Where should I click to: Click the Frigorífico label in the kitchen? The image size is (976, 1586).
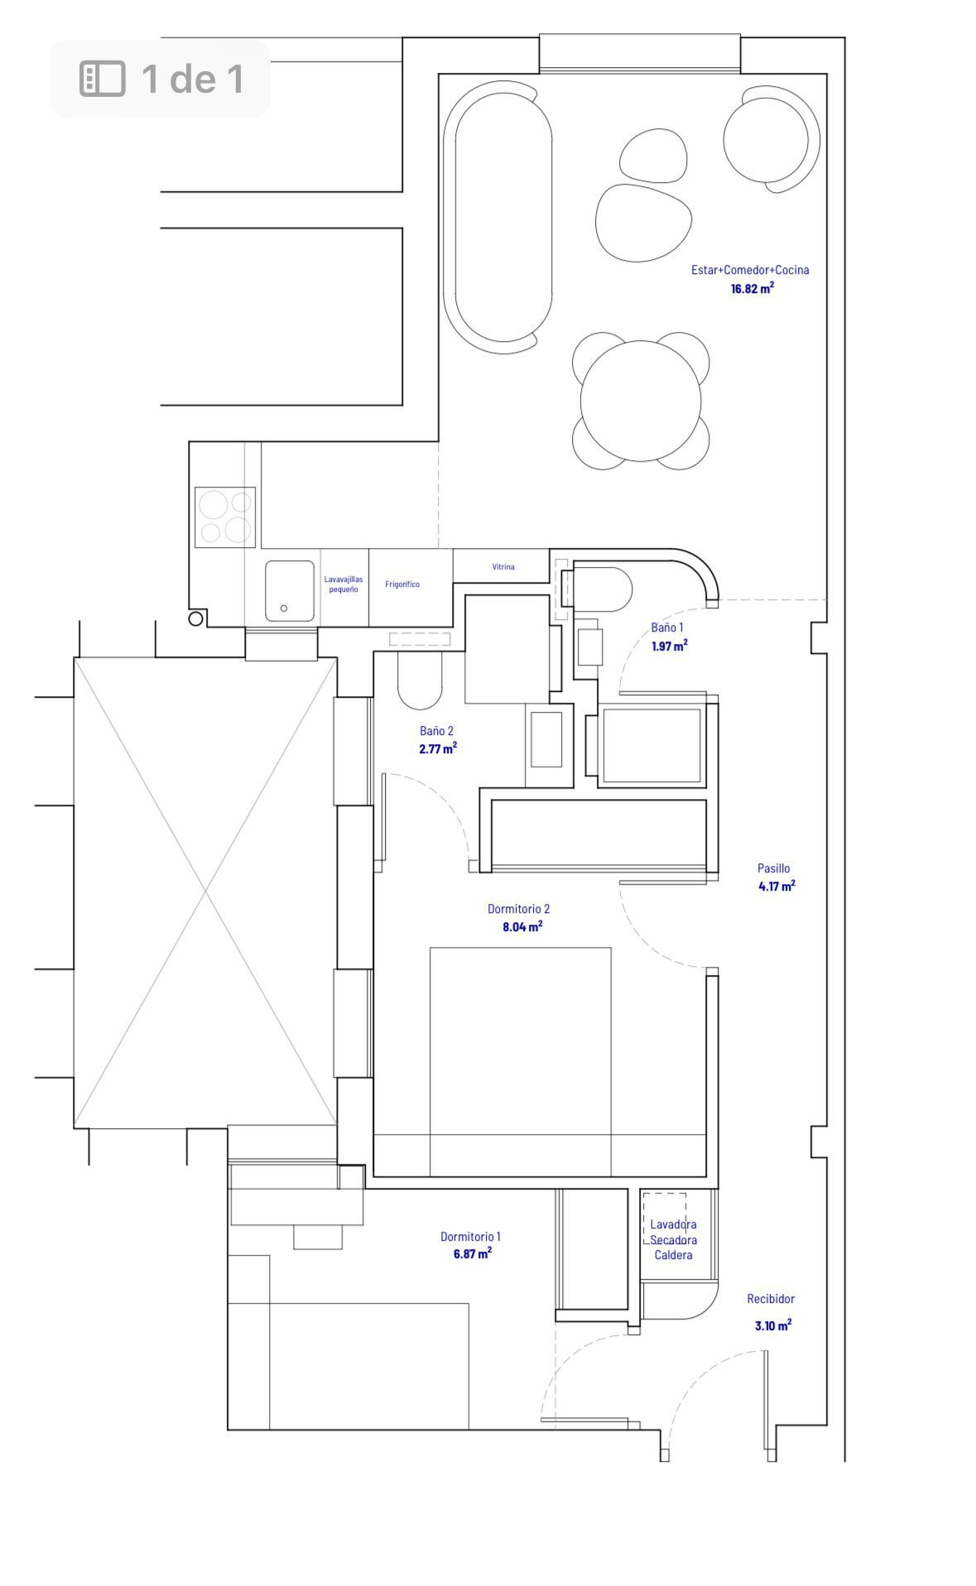402,584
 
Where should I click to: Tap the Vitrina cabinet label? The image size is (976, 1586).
503,567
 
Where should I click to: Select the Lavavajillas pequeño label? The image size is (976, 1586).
344,584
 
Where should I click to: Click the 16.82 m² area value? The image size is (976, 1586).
752,288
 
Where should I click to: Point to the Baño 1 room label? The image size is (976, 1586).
667,627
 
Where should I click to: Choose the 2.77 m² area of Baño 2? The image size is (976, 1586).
438,748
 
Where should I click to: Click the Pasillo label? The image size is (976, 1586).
773,868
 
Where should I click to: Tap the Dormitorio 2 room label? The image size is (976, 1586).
519,909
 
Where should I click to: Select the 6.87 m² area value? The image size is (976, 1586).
472,1253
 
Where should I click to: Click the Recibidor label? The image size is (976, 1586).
771,1299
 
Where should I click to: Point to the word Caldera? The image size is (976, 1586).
674,1255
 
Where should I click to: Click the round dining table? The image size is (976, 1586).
641,401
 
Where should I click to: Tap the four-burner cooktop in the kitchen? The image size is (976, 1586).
225,517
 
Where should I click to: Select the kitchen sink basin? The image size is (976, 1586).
290,591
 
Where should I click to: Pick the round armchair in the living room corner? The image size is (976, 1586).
770,139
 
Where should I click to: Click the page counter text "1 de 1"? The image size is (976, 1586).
193,79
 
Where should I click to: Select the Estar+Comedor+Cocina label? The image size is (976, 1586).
750,270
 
